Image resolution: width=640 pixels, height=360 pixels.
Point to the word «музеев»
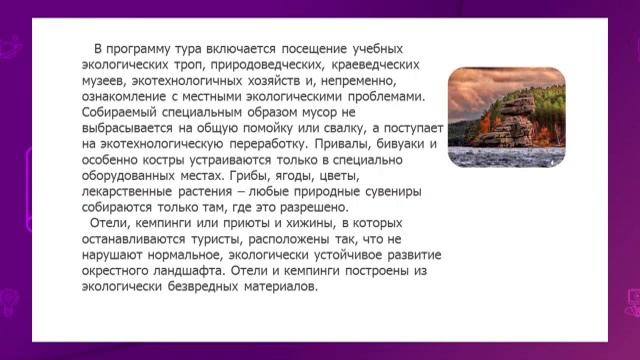[x=105, y=81]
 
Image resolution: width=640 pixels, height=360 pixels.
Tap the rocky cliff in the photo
[x=516, y=117]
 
